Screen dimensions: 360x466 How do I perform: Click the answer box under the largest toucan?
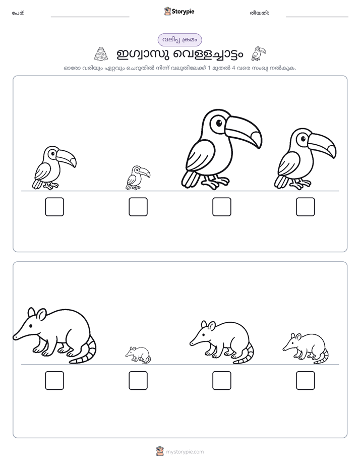(221, 207)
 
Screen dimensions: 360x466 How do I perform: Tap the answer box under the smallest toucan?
(138, 207)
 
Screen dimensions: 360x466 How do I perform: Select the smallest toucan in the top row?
(138, 178)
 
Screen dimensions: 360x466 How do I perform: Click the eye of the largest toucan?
(219, 123)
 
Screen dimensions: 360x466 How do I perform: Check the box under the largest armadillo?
(54, 380)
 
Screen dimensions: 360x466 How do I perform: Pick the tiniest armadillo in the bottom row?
(138, 355)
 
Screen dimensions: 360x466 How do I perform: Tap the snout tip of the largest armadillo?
(14, 337)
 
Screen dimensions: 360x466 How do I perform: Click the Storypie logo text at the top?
(183, 12)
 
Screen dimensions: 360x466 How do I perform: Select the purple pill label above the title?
(179, 40)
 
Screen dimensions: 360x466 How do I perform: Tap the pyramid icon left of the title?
(101, 54)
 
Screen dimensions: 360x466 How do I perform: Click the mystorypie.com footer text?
(185, 452)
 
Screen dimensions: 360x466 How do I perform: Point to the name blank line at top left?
(90, 17)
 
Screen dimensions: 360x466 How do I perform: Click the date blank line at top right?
(317, 17)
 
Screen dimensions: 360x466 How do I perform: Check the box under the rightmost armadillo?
(306, 380)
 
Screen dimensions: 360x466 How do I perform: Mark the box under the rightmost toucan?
(306, 207)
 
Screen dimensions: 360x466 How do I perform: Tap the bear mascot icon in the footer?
(160, 451)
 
